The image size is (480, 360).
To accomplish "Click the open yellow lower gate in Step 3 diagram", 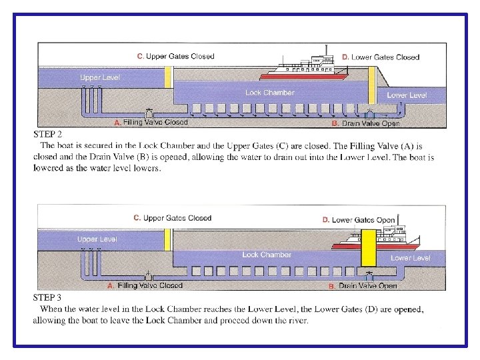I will tap(367, 247).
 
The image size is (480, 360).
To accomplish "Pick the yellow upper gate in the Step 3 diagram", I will tap(169, 238).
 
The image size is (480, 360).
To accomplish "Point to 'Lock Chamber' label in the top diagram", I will tap(269, 93).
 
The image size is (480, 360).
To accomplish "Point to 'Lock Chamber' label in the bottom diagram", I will tap(267, 255).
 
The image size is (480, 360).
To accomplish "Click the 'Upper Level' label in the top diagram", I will tap(100, 78).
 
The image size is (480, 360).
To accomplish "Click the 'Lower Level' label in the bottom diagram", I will tap(410, 258).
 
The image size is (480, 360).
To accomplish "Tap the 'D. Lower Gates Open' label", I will tap(359, 219).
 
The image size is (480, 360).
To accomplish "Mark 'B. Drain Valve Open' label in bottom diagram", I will tap(363, 286).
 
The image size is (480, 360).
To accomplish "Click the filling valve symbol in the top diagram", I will tap(149, 113).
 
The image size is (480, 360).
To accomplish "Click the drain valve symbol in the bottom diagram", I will tap(367, 275).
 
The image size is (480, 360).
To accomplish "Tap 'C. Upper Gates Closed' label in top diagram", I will tap(175, 57).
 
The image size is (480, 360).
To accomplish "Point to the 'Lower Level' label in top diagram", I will tap(407, 95).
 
